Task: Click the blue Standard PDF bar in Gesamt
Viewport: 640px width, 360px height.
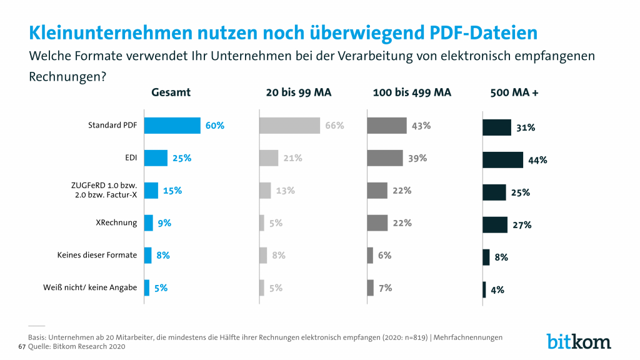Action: (172, 126)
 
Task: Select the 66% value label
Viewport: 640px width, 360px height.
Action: (334, 126)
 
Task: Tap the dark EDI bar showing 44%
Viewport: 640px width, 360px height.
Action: (502, 159)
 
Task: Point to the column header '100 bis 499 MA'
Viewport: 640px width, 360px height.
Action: (412, 92)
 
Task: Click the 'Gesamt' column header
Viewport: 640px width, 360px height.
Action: (171, 92)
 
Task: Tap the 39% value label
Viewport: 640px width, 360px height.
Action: (417, 158)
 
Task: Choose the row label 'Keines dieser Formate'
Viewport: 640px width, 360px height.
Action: (97, 255)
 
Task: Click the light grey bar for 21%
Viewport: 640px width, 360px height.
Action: (269, 158)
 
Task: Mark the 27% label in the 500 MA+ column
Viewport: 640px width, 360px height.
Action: (522, 225)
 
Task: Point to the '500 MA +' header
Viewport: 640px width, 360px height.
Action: (515, 92)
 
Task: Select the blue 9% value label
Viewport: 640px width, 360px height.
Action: (163, 222)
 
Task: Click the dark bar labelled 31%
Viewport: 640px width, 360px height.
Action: (497, 127)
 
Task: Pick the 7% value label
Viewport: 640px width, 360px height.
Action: (385, 287)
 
